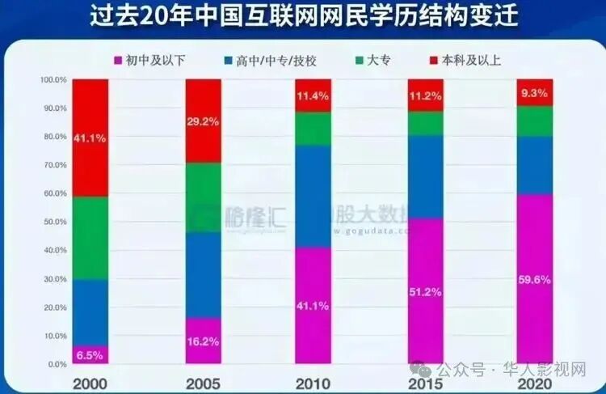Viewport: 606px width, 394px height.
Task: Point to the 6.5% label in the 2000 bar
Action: point(90,354)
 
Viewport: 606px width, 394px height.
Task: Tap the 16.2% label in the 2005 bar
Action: point(204,342)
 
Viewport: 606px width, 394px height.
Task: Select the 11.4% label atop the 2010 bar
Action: point(314,95)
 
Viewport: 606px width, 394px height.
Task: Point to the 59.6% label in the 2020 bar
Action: point(534,280)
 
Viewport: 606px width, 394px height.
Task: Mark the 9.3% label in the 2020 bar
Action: point(534,93)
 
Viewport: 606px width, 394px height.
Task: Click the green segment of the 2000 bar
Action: point(90,238)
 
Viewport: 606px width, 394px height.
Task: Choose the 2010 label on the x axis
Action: point(313,381)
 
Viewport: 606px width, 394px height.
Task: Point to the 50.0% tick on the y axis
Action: point(53,222)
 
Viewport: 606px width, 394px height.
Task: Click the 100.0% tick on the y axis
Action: point(51,79)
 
